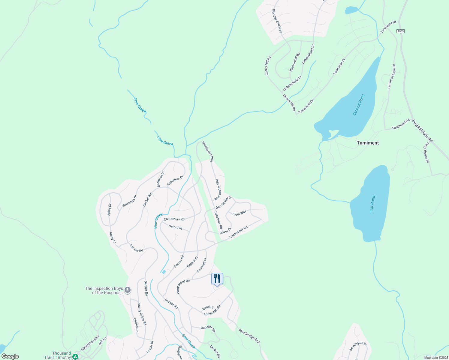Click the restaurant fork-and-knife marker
(x=217, y=279)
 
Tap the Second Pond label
(x=359, y=105)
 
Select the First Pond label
(x=372, y=205)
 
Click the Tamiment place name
(x=368, y=143)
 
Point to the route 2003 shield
(x=400, y=31)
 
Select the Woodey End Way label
(x=277, y=21)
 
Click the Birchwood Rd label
(x=295, y=62)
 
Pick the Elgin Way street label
(x=240, y=213)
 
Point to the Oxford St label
(x=176, y=227)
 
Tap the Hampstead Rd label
(x=183, y=286)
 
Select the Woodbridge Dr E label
(x=249, y=336)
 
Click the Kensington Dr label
(x=358, y=346)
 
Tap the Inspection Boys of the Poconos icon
(x=128, y=290)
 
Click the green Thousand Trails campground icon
(x=75, y=356)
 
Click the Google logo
(x=10, y=356)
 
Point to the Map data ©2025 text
(x=435, y=358)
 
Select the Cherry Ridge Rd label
(x=142, y=314)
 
